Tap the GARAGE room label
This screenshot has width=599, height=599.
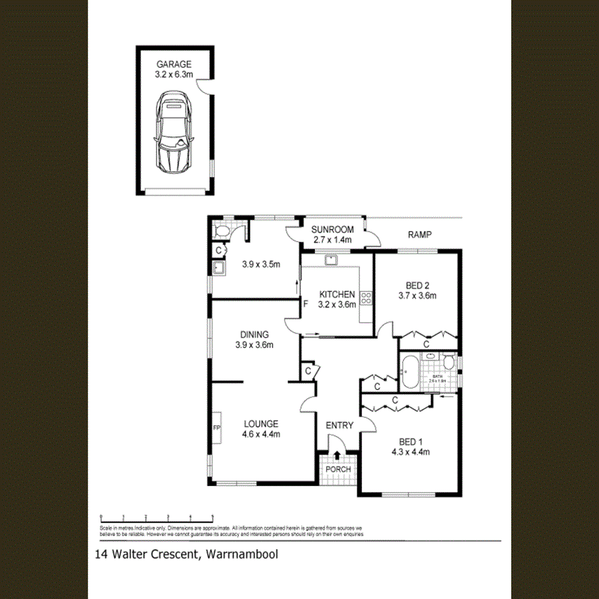click(174, 65)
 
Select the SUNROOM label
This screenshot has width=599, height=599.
click(333, 230)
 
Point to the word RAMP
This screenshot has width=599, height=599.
click(421, 234)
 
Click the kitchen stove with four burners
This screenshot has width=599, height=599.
click(365, 299)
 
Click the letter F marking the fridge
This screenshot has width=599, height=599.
click(306, 304)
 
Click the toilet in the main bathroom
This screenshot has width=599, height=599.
click(449, 362)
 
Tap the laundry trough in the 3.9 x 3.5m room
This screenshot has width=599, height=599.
click(218, 268)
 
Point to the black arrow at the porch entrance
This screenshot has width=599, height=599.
click(337, 456)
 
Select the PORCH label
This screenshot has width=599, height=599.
click(337, 469)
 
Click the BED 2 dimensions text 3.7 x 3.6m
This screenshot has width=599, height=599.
click(417, 296)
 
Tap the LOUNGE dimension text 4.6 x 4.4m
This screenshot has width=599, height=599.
click(261, 435)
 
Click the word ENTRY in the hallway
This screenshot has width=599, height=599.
click(339, 425)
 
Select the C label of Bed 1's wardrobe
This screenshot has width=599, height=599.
click(395, 401)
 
